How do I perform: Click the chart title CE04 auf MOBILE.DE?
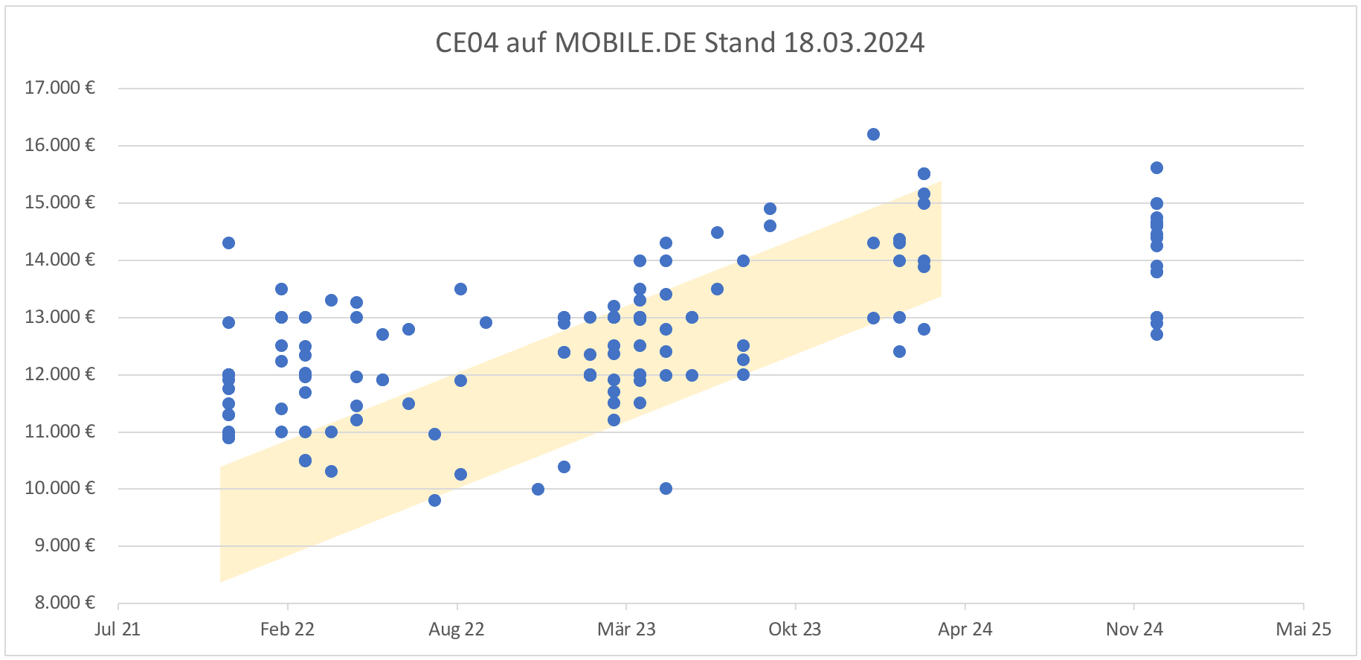pyautogui.click(x=679, y=42)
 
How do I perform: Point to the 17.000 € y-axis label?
pyautogui.click(x=59, y=88)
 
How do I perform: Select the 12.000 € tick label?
pyautogui.click(x=59, y=374)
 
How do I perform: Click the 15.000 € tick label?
pyautogui.click(x=59, y=202)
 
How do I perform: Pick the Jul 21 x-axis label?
pyautogui.click(x=118, y=629)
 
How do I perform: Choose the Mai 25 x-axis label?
pyautogui.click(x=1303, y=629)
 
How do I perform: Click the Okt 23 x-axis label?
pyautogui.click(x=794, y=629)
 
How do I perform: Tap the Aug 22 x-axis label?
pyautogui.click(x=456, y=629)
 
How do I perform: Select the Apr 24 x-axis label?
pyautogui.click(x=965, y=629)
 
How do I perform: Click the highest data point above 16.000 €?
pyautogui.click(x=873, y=135)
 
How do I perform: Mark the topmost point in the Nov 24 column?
pyautogui.click(x=1156, y=168)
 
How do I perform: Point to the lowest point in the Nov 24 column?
pyautogui.click(x=1156, y=334)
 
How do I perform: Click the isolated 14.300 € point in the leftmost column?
pyautogui.click(x=228, y=243)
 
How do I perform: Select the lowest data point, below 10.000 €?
pyautogui.click(x=434, y=500)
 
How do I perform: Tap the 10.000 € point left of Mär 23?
pyautogui.click(x=538, y=489)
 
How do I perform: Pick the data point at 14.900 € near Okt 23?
pyautogui.click(x=770, y=209)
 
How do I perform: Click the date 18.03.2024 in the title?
pyautogui.click(x=854, y=42)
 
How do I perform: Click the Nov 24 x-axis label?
pyautogui.click(x=1134, y=629)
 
